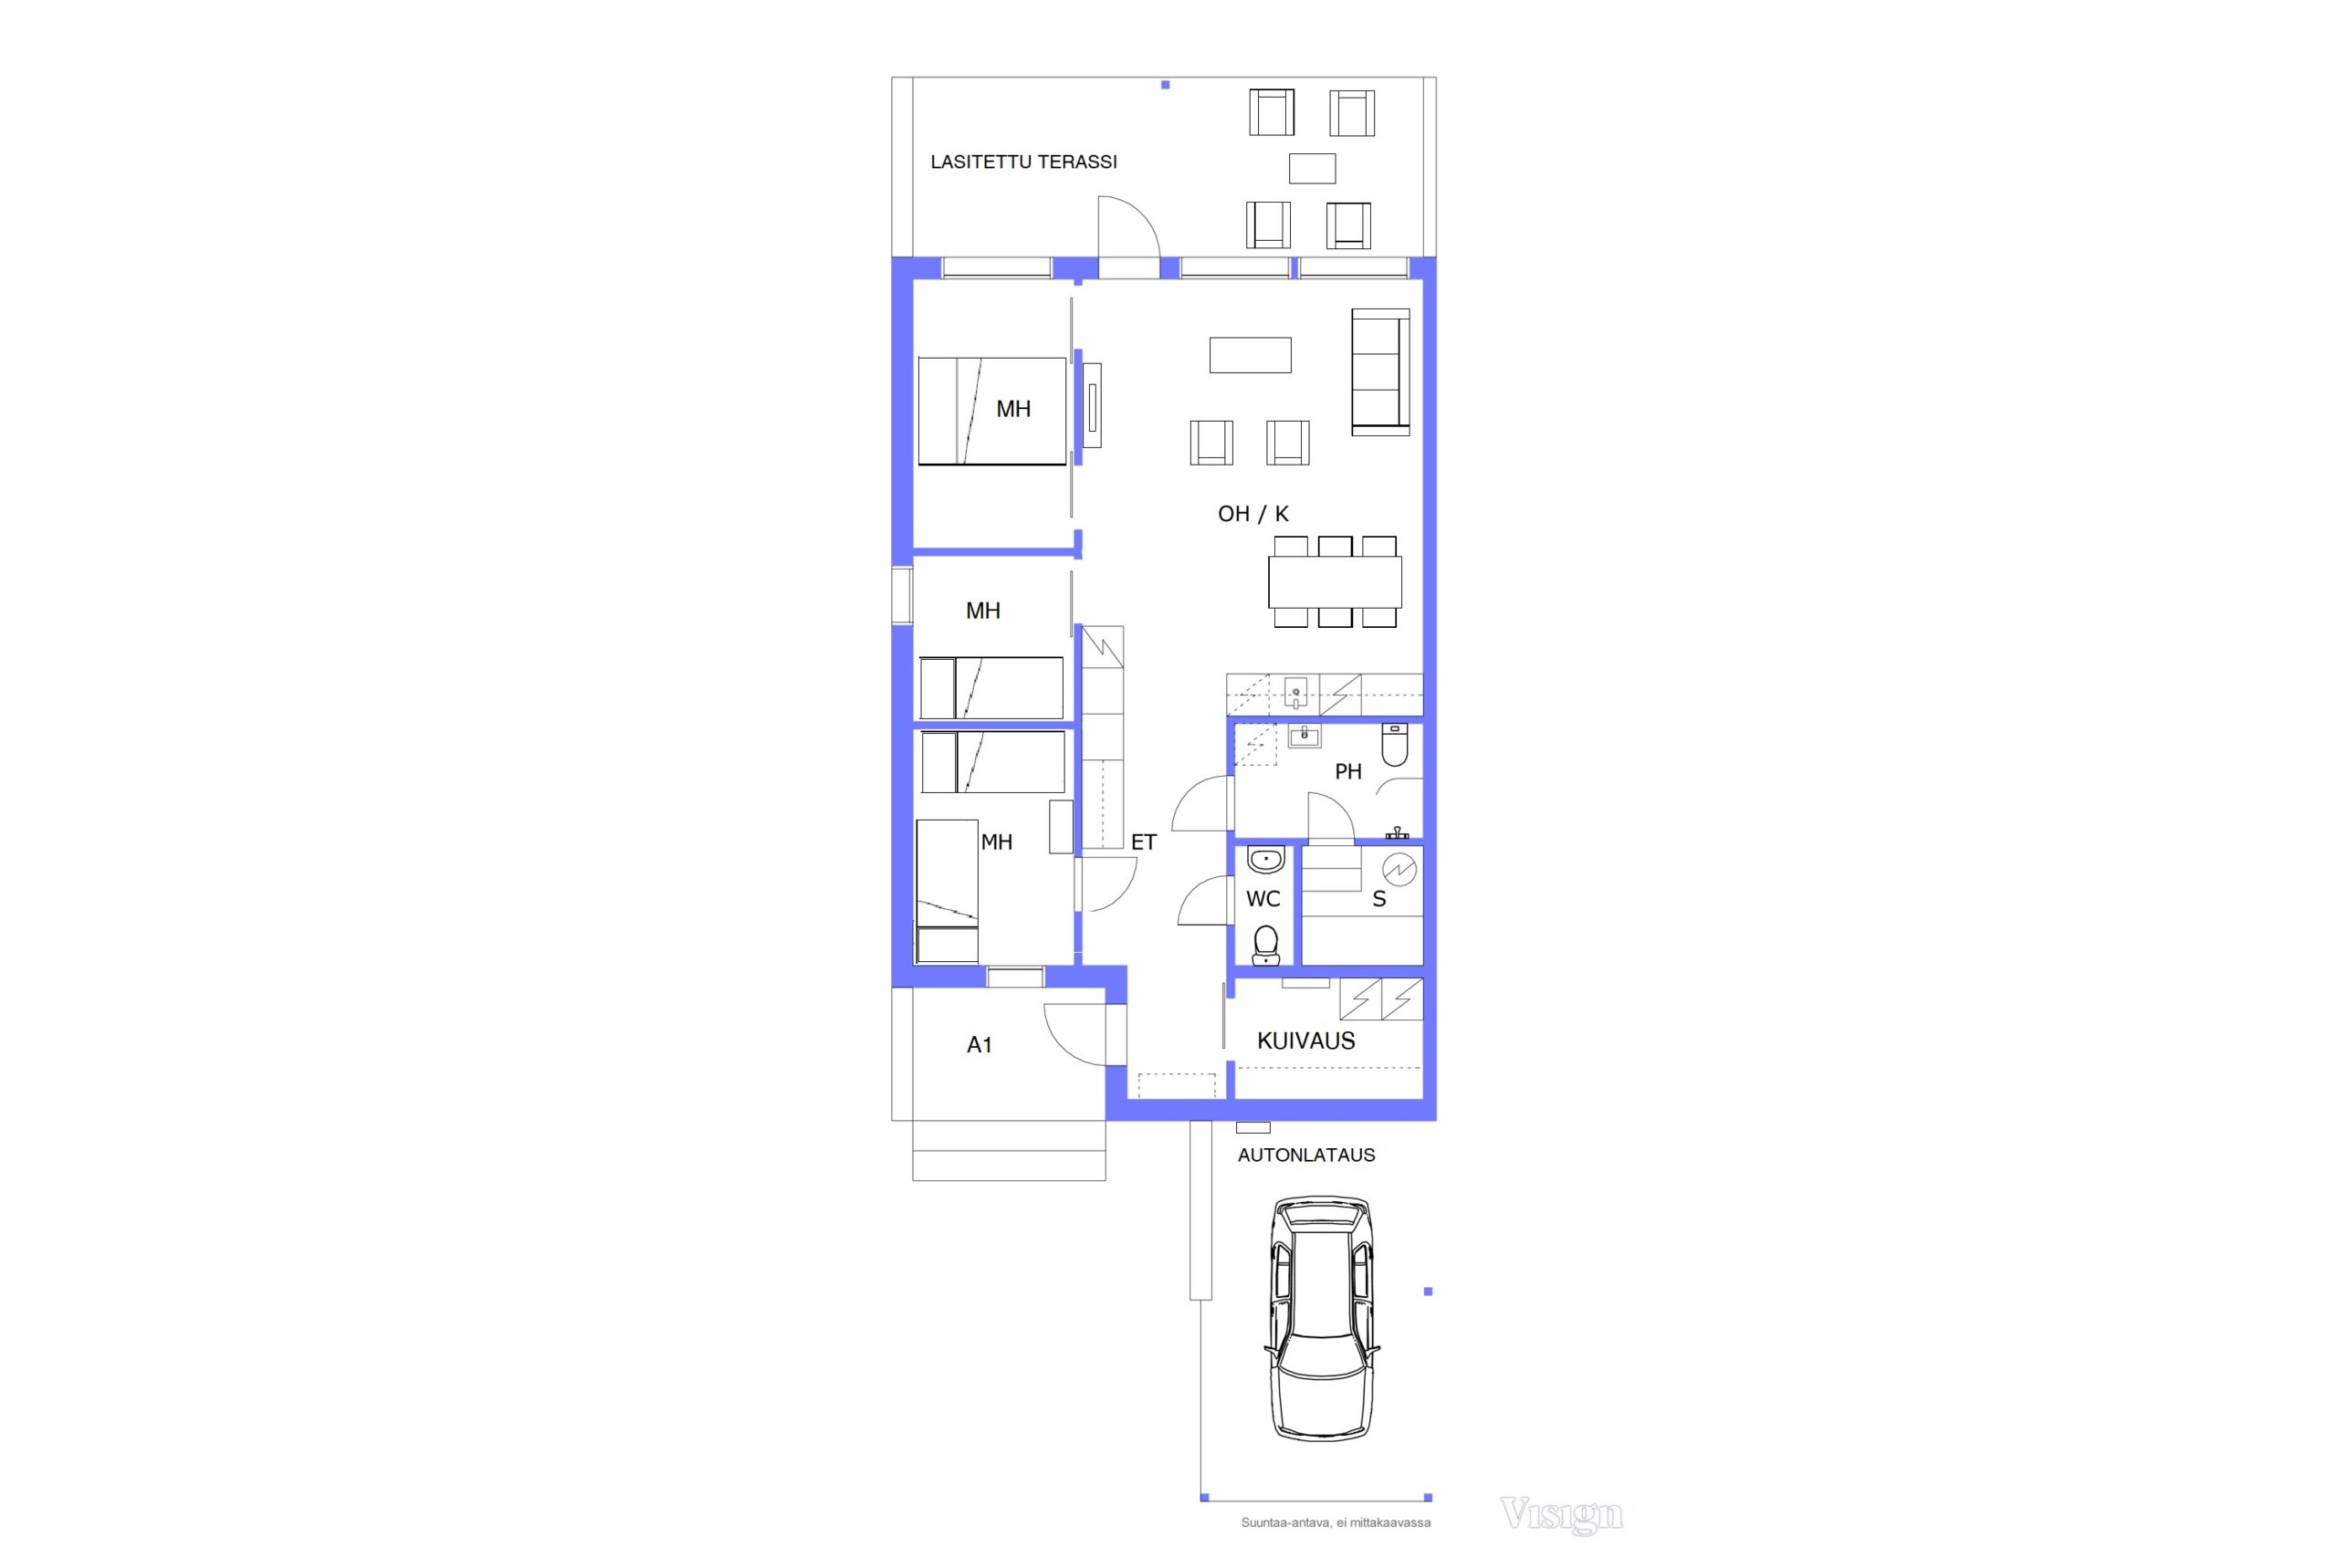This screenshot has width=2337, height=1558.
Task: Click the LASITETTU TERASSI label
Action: point(1023,162)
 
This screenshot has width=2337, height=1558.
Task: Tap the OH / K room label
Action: point(1253,514)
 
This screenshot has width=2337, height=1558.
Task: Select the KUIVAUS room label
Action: point(1305,1040)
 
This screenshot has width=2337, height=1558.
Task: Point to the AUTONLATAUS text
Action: point(1305,1155)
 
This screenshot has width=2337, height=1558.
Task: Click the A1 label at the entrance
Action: point(980,1044)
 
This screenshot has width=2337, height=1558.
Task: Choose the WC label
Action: point(1263,899)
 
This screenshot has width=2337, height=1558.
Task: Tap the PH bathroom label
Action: point(1348,772)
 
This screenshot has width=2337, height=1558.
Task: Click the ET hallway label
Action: point(1144,842)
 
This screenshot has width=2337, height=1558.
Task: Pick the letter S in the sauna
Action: point(1379,899)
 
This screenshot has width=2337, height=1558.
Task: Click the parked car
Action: point(1323,1318)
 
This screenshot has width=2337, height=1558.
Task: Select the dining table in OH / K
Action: point(1335,582)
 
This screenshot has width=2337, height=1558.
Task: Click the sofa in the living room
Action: point(1380,372)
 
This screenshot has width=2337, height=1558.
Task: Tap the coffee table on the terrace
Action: point(1312,169)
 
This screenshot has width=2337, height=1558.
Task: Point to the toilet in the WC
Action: point(1266,946)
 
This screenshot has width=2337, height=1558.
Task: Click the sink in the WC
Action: point(1266,859)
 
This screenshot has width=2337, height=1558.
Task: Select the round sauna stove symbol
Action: point(1399,871)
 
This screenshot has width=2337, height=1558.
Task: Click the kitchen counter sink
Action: point(1295,693)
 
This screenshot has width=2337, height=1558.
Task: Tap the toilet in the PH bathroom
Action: point(1395,745)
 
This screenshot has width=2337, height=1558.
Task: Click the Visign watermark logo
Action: point(1561,1515)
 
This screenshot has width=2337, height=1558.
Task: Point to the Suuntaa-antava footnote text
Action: point(1336,1522)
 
